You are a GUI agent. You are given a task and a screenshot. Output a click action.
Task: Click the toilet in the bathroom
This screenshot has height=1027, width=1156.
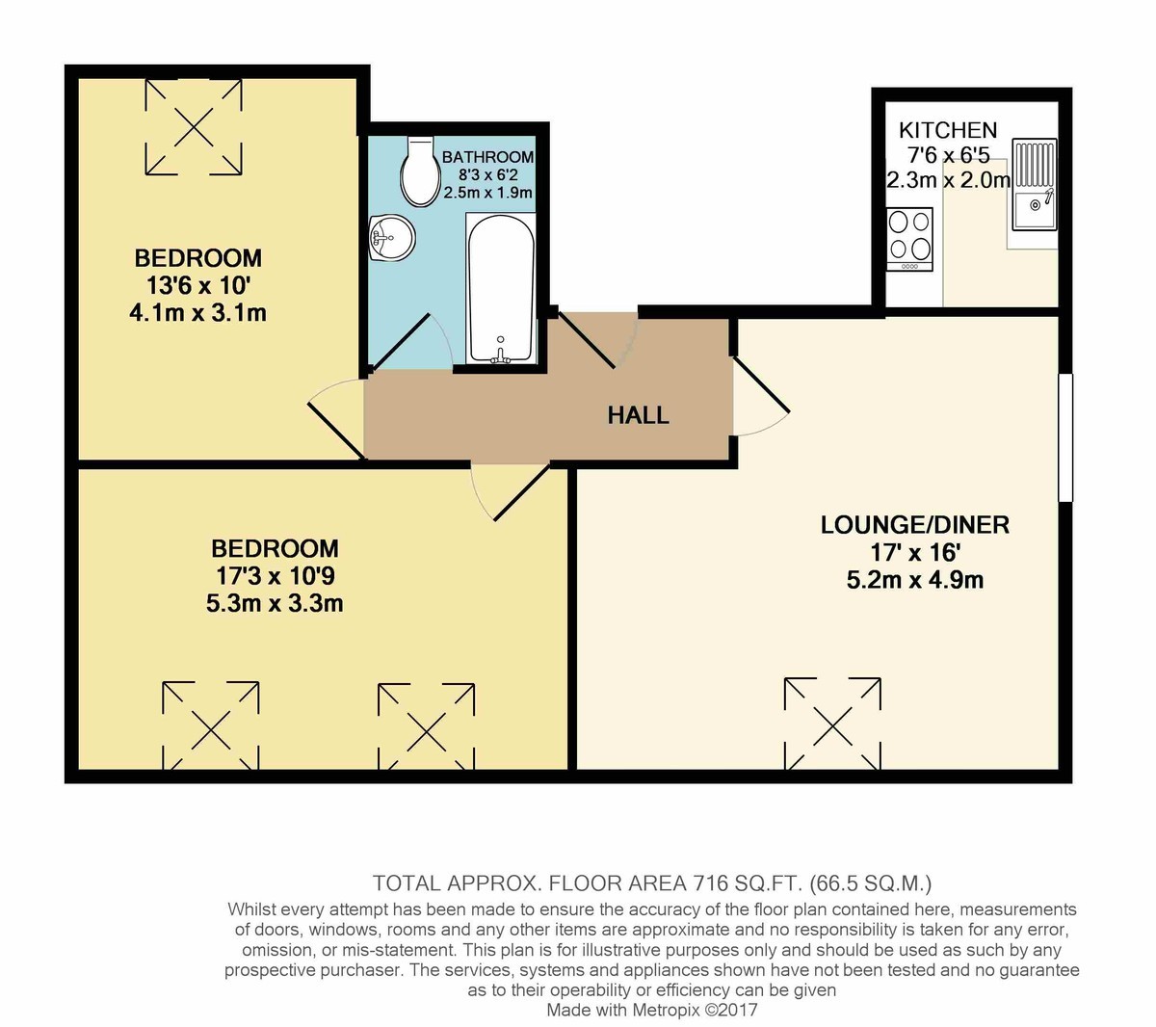coord(418,171)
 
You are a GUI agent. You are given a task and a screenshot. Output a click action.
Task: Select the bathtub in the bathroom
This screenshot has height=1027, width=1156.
coord(501,289)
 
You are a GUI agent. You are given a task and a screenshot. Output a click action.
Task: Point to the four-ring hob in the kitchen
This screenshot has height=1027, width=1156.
coord(909,240)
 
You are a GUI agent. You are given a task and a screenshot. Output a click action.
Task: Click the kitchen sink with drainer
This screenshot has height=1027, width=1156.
coord(1034,184)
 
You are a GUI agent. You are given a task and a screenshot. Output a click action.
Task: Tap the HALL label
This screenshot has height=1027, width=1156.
coord(638,415)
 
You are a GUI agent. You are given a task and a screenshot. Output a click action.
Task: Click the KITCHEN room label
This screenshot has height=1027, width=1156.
coord(948,130)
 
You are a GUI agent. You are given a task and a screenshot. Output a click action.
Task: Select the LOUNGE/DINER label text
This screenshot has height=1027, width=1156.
coord(914,525)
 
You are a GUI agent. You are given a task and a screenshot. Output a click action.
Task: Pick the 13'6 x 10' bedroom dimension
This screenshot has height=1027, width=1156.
coord(198,285)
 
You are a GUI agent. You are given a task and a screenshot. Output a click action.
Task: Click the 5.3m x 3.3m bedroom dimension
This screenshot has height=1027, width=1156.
coord(275,603)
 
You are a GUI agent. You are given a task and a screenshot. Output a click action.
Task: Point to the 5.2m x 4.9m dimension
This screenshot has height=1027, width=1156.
coord(914,580)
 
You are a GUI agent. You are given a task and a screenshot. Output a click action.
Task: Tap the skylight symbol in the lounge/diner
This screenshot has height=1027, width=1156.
coord(832,725)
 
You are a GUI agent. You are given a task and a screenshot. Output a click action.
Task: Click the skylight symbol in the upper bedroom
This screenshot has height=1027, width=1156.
coord(194,126)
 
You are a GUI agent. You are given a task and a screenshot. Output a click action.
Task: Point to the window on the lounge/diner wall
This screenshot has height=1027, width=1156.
coord(1064,437)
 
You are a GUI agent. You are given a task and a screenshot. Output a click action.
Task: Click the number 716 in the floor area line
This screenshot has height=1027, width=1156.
coord(710,883)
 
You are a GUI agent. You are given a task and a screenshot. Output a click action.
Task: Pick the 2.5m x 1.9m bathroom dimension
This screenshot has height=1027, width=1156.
coord(487,193)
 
